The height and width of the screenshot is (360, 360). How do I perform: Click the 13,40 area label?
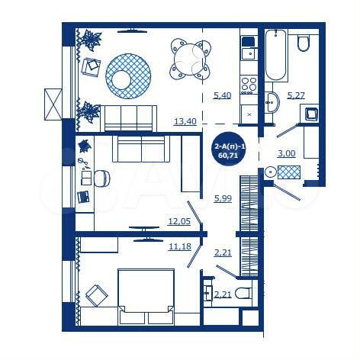(x=185, y=120)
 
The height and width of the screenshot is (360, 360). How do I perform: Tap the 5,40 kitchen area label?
(x=222, y=95)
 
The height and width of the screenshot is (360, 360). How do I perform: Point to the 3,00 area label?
(x=286, y=153)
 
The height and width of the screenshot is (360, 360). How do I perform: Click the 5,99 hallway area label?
(x=223, y=199)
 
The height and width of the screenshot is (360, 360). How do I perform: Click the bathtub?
(x=276, y=55)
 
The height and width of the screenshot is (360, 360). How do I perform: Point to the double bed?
(x=144, y=296)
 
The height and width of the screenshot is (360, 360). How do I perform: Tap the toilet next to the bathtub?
(x=302, y=42)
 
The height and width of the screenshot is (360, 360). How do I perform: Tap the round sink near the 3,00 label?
(x=271, y=172)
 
